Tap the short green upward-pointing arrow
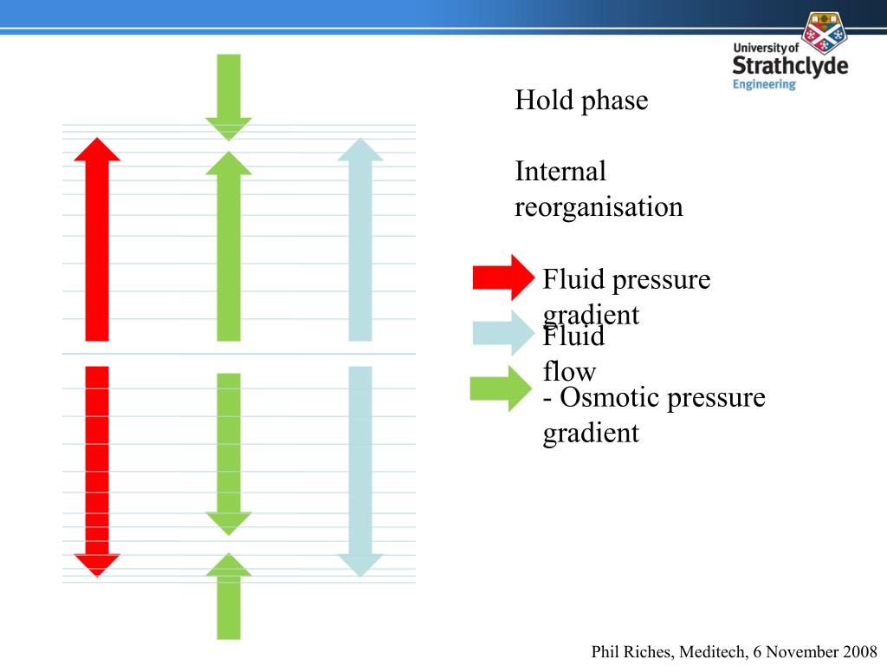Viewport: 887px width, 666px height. tap(229, 597)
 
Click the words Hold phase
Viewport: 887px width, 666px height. tap(581, 101)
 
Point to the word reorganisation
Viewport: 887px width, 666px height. tap(599, 207)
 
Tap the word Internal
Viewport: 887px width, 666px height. tap(560, 172)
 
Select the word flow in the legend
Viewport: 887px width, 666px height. tap(569, 372)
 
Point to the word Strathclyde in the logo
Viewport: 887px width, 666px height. tap(790, 66)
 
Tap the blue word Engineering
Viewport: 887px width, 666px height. tap(763, 84)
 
